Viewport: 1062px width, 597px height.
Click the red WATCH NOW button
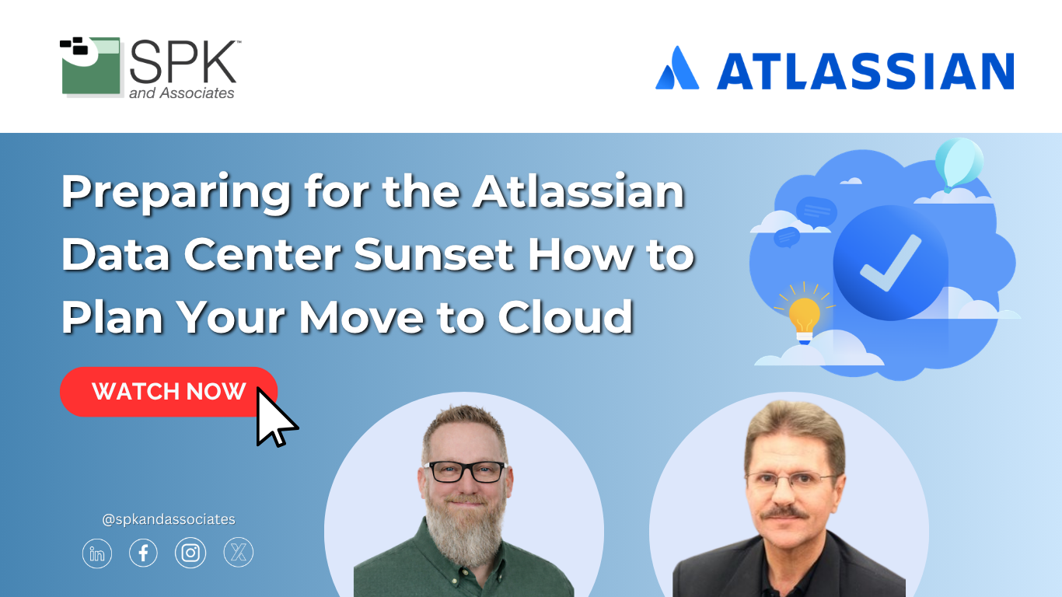click(168, 392)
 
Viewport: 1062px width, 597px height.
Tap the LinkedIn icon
click(96, 553)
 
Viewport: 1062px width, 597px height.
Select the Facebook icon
click(143, 553)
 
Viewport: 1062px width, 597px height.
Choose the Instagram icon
click(190, 553)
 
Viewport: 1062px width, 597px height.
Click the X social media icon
click(238, 552)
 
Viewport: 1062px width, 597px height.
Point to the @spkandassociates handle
click(169, 519)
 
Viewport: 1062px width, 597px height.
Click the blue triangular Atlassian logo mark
click(677, 68)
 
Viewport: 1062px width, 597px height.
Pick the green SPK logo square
click(91, 65)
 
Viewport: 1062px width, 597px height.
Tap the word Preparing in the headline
click(176, 193)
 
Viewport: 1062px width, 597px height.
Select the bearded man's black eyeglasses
click(466, 471)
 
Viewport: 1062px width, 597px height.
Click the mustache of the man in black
click(784, 513)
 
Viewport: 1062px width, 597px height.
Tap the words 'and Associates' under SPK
click(182, 93)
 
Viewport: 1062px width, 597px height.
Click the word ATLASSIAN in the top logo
click(866, 72)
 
